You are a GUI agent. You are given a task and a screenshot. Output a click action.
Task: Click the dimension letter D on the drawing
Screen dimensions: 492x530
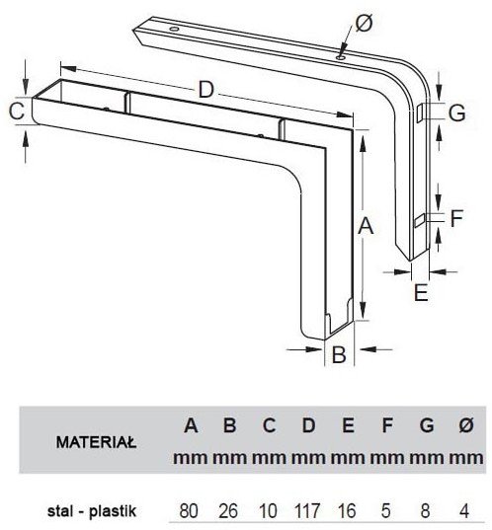click(206, 90)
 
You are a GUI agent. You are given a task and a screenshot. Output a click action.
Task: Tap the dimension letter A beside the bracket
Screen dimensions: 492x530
click(366, 226)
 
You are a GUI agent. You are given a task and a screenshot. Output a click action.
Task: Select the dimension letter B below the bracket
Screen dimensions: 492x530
click(339, 354)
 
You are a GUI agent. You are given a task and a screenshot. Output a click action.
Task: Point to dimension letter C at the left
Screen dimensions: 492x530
click(17, 111)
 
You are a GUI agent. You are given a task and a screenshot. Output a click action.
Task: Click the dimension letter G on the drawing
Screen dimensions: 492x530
click(456, 113)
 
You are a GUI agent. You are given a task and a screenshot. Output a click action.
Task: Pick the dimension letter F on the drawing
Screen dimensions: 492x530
click(456, 218)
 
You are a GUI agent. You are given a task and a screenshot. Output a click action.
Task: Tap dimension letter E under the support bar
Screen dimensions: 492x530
click(421, 292)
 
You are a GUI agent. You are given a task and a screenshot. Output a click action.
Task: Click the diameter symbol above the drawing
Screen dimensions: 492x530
click(365, 23)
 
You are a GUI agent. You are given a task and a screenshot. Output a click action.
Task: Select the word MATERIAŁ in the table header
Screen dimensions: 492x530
click(97, 442)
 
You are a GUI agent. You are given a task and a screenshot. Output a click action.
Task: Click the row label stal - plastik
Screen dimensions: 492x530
click(92, 511)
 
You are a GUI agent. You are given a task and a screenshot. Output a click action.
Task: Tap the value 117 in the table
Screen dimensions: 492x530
click(307, 511)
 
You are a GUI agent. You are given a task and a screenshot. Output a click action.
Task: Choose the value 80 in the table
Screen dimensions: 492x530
click(189, 511)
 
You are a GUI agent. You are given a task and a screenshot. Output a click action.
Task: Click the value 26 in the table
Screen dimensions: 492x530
click(228, 511)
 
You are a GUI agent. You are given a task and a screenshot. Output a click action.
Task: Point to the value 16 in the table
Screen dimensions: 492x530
click(347, 511)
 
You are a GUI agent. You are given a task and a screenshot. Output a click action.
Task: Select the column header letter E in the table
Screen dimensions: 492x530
click(348, 425)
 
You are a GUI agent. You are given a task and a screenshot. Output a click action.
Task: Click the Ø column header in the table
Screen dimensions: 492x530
click(466, 425)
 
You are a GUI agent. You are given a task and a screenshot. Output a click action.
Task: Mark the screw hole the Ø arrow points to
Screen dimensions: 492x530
click(340, 58)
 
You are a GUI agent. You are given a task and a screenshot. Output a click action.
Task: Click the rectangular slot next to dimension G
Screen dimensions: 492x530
click(420, 114)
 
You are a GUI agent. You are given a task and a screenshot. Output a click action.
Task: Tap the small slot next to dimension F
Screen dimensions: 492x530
click(420, 220)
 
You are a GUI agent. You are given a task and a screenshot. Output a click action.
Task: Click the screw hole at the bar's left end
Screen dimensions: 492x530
click(174, 30)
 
